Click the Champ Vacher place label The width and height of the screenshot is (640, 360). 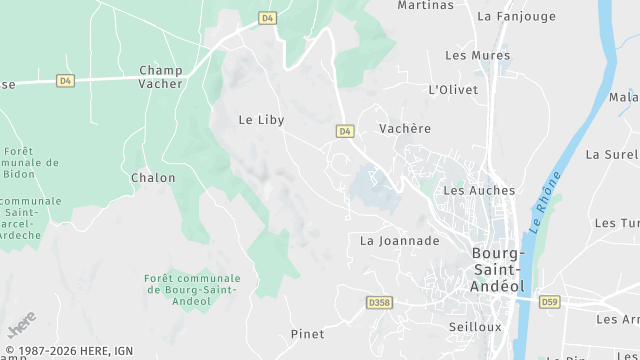click(161, 77)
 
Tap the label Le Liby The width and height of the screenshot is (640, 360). click(261, 120)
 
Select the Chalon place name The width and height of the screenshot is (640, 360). click(153, 178)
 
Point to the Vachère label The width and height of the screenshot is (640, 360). click(405, 129)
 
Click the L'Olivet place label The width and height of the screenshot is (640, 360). click(453, 90)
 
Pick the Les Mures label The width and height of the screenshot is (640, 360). click(470, 55)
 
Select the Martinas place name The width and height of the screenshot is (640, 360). click(426, 5)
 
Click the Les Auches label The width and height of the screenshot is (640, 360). click(479, 190)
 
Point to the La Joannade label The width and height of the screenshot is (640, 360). click(400, 241)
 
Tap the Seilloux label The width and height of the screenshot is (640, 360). click(475, 327)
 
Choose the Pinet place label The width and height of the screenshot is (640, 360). click(307, 334)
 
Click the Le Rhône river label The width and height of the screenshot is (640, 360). click(545, 204)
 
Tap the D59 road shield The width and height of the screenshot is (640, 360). click(549, 301)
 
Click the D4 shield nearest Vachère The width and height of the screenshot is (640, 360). click(345, 131)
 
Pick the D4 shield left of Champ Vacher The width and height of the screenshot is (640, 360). click(65, 81)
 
